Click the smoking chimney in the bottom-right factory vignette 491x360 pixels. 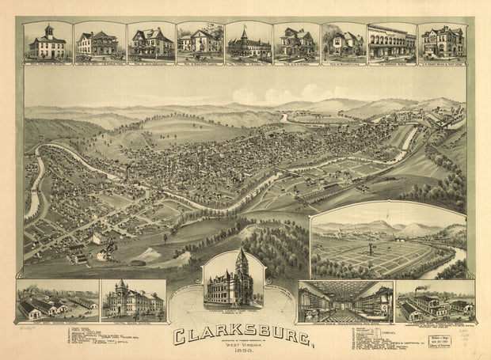click(417, 290)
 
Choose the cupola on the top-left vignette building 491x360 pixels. click(48, 29)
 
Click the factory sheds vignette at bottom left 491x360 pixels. click(58, 300)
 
